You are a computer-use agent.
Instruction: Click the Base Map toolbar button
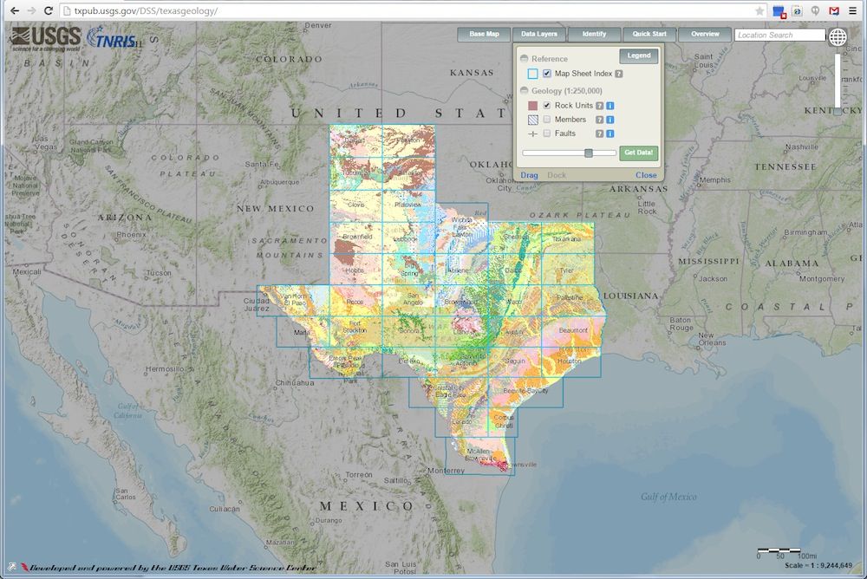[x=485, y=35]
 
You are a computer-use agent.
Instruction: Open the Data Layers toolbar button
[x=538, y=35]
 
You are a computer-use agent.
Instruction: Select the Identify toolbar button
[x=594, y=35]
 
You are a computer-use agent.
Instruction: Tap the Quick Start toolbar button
[x=649, y=35]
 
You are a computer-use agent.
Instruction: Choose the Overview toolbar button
[x=705, y=35]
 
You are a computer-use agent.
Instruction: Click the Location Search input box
[x=779, y=36]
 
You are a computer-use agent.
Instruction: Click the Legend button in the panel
[x=639, y=55]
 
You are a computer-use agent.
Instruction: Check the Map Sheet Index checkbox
[x=547, y=74]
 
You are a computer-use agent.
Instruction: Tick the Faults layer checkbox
[x=547, y=133]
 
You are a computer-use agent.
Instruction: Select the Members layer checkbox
[x=547, y=120]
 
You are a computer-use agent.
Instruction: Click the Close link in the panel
[x=646, y=175]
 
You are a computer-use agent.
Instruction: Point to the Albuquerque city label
[x=279, y=182]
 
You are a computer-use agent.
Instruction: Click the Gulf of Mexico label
[x=668, y=497]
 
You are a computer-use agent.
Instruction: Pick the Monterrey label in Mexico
[x=447, y=471]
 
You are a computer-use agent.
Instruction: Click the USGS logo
[x=46, y=38]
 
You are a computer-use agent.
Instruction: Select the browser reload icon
[x=49, y=10]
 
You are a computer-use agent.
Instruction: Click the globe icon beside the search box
[x=838, y=36]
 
